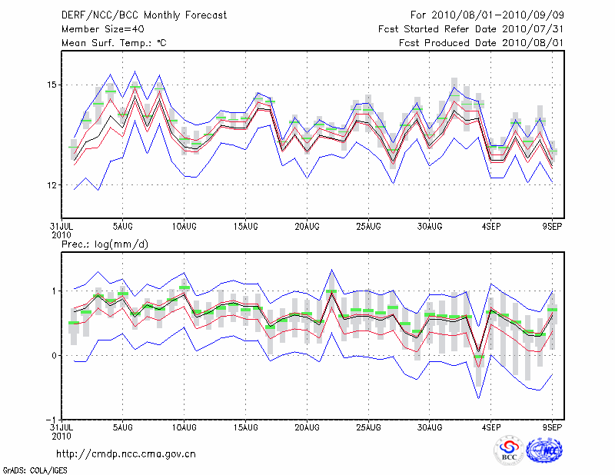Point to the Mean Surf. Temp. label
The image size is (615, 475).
coord(114,43)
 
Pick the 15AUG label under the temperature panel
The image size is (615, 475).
coord(245,227)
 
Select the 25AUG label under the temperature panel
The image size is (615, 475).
coord(368,227)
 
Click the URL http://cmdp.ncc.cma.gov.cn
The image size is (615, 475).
coord(126,453)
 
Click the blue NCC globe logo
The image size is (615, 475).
coord(544,451)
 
